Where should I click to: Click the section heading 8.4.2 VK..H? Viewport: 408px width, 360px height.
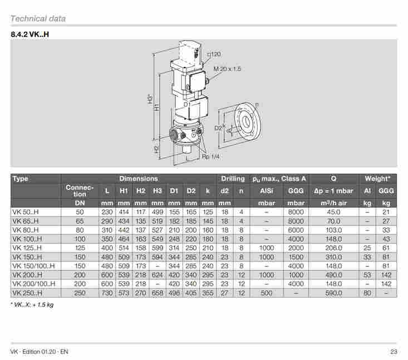coord(30,35)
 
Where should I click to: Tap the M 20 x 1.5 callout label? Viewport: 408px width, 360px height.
coord(227,69)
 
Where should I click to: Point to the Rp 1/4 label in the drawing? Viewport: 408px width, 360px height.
coord(210,157)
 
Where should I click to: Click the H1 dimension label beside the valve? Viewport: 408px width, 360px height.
coord(157,107)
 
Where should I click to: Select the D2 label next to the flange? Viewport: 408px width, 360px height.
coord(218,128)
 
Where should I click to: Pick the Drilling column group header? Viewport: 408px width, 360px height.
coord(233,179)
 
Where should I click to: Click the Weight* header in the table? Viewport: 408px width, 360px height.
coord(377,179)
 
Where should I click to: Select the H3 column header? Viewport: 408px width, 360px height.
coord(158,191)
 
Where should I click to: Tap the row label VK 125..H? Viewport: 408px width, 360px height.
coord(27,248)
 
